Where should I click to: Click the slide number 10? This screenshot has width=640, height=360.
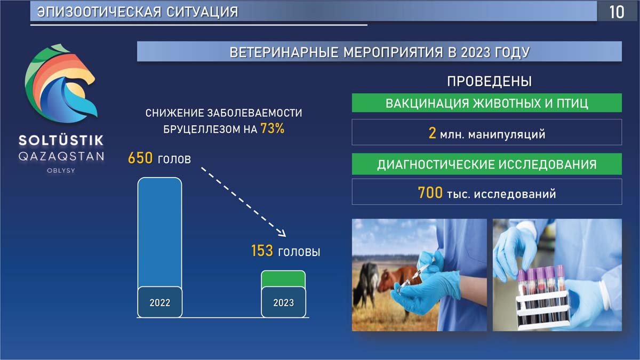click(x=617, y=12)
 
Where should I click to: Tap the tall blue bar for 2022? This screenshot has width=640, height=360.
click(x=159, y=232)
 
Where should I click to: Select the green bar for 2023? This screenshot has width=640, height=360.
click(x=283, y=279)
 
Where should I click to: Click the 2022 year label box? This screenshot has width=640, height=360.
click(x=159, y=302)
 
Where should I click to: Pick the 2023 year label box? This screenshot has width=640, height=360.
click(x=283, y=302)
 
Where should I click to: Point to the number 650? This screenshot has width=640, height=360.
click(x=140, y=158)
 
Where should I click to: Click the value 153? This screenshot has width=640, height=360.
click(x=262, y=251)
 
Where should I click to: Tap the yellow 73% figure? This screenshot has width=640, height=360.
click(x=273, y=129)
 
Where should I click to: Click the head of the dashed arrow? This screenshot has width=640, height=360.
click(x=282, y=234)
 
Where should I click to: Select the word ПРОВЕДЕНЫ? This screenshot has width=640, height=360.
click(x=490, y=81)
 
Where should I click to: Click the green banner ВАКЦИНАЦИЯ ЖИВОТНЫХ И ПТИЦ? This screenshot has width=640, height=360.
click(x=486, y=103)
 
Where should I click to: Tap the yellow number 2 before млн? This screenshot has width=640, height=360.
click(x=433, y=133)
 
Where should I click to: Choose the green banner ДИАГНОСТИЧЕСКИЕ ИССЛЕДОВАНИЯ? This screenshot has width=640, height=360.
click(x=486, y=164)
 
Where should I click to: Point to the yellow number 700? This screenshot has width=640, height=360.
click(x=430, y=193)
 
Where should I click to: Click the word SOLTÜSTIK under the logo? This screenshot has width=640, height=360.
click(x=61, y=140)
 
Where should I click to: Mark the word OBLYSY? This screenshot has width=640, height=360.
click(x=61, y=171)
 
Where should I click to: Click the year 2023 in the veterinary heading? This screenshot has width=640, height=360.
click(x=475, y=52)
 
